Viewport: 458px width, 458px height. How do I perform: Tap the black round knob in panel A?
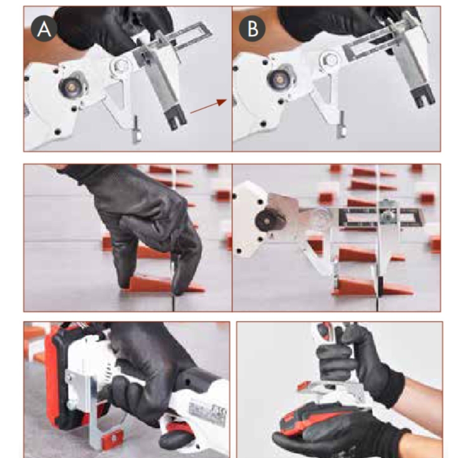pyautogui.click(x=68, y=87)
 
